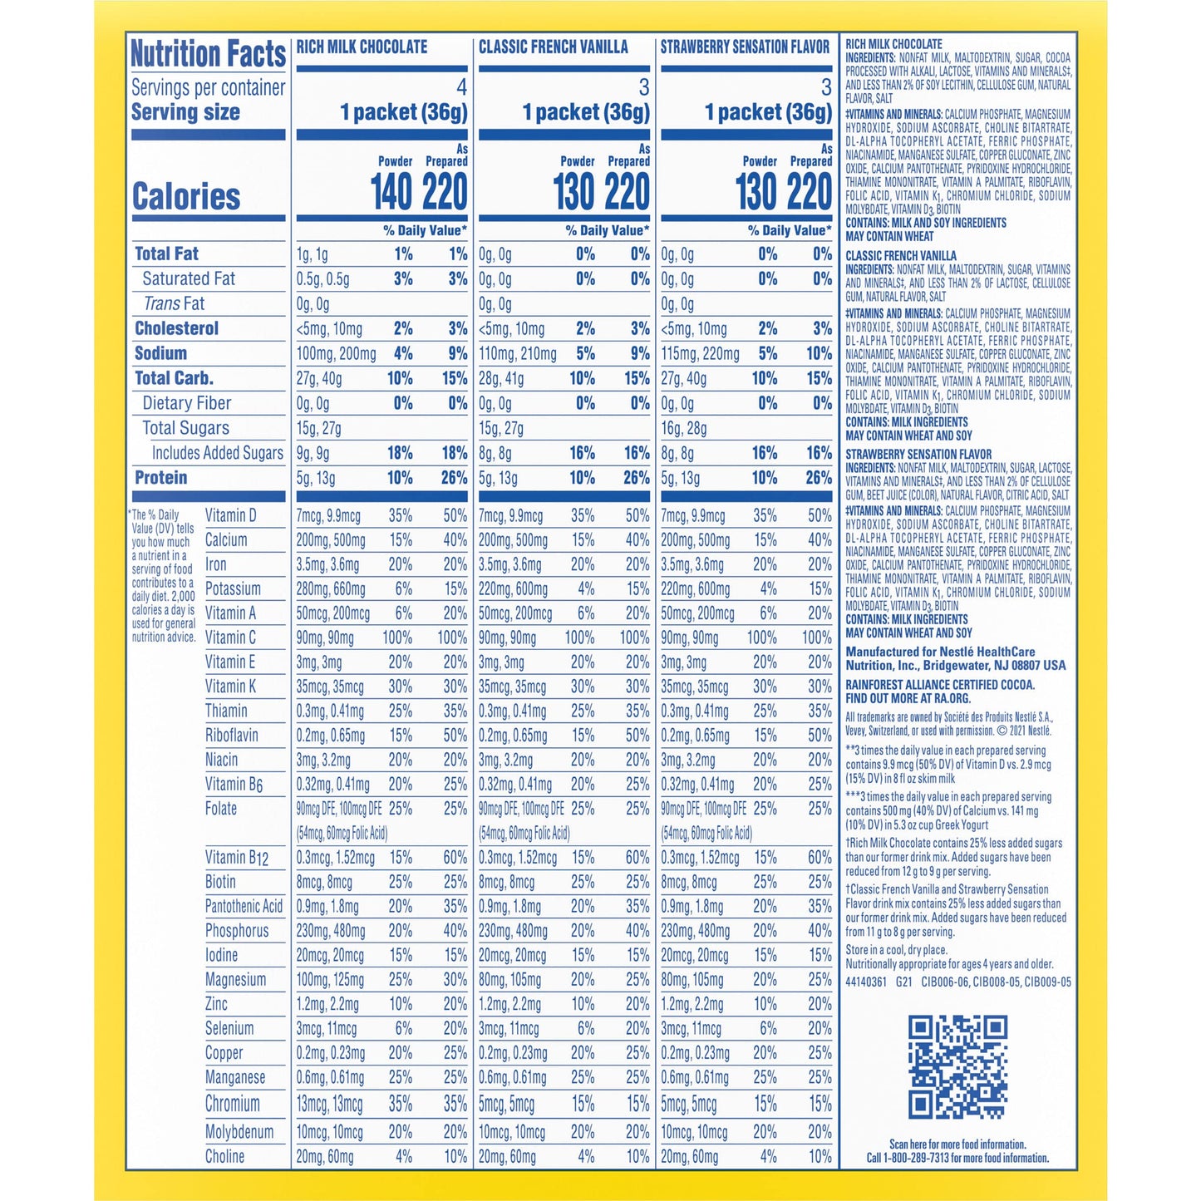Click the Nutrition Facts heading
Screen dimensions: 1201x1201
(208, 54)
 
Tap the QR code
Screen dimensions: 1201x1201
(957, 1066)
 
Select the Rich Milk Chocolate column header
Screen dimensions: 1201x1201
(362, 47)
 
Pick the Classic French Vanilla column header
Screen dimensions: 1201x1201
(554, 47)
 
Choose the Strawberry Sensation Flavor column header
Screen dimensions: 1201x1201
(745, 47)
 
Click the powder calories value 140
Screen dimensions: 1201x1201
(391, 192)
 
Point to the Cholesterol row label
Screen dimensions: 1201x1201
(176, 328)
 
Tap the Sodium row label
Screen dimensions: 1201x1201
(160, 353)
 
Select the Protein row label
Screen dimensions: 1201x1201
(160, 478)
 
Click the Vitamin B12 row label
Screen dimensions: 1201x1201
(237, 858)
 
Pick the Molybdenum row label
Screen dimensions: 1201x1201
(239, 1132)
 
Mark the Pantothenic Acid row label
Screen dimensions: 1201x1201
(244, 907)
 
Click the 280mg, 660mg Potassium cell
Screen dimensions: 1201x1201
(331, 589)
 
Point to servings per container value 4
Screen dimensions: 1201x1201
(461, 87)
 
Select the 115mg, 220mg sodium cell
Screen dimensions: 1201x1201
(700, 354)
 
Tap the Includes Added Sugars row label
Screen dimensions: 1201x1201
(217, 453)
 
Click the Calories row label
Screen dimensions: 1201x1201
(186, 197)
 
